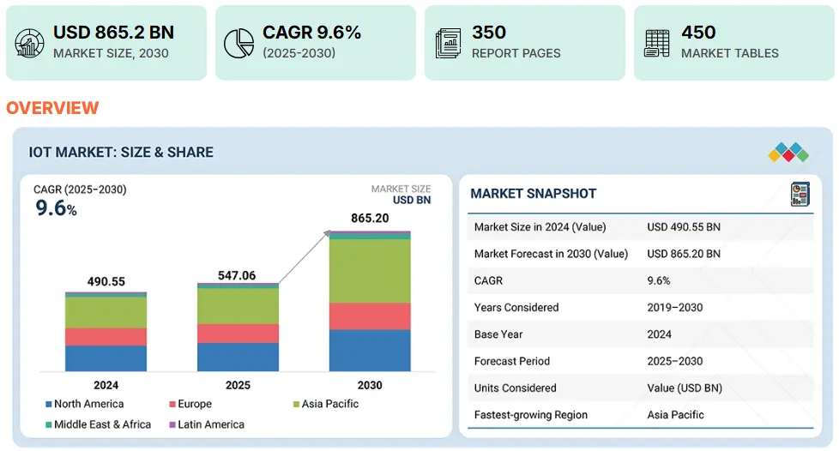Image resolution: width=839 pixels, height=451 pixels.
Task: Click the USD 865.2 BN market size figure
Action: click(113, 33)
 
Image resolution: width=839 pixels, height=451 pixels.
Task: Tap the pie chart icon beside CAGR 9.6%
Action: click(238, 43)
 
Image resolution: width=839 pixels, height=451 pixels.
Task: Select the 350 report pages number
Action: click(489, 33)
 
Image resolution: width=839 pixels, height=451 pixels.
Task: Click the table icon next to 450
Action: click(657, 43)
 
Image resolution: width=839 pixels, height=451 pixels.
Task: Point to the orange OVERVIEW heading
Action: click(52, 108)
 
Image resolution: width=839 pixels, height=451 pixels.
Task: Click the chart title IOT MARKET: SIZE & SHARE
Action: click(121, 153)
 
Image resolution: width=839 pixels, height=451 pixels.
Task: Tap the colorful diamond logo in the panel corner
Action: click(788, 153)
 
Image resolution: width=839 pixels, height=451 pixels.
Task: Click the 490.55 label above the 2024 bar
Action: click(106, 281)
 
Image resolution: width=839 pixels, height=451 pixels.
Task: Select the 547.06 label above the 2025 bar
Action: click(238, 275)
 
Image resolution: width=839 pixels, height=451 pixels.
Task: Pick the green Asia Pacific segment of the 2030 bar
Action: click(370, 270)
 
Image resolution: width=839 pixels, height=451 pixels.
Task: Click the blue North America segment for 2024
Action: click(106, 358)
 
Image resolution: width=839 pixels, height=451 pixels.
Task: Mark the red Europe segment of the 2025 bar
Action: click(238, 334)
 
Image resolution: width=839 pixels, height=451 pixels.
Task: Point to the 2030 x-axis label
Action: click(370, 385)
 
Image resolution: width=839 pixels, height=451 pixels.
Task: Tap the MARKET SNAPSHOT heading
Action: click(533, 194)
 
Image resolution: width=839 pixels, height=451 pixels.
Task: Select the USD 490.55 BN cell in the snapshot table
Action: click(684, 227)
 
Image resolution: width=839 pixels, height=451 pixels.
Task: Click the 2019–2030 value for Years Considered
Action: click(675, 307)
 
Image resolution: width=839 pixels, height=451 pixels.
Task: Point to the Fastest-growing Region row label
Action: click(531, 414)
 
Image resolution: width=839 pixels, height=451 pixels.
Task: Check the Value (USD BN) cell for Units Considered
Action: click(685, 388)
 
